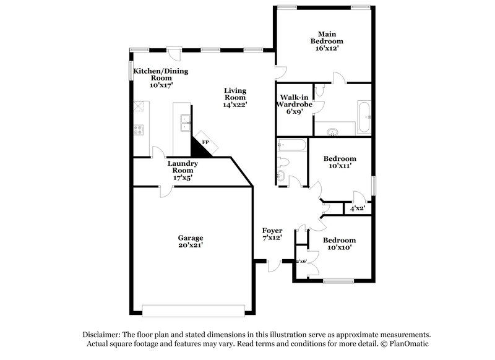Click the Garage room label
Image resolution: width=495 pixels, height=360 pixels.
point(191,241)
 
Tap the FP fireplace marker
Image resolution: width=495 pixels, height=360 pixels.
point(205,142)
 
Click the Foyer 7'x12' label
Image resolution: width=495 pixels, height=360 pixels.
point(272,234)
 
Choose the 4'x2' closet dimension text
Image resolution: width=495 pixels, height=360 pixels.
point(358,208)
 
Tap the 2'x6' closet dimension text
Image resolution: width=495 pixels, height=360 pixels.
point(301,262)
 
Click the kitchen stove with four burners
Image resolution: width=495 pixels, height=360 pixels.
point(139,130)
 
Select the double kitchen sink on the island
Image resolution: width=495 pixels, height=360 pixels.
point(184,123)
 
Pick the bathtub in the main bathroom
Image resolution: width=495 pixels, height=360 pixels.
point(364,117)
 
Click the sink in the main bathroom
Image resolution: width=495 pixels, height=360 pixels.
point(334,131)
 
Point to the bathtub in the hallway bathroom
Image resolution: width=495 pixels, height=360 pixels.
point(291,146)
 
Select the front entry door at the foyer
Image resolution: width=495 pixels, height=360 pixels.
point(273,265)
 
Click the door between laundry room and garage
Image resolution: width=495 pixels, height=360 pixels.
point(164,191)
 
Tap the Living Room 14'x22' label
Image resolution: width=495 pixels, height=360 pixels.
point(236,97)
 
